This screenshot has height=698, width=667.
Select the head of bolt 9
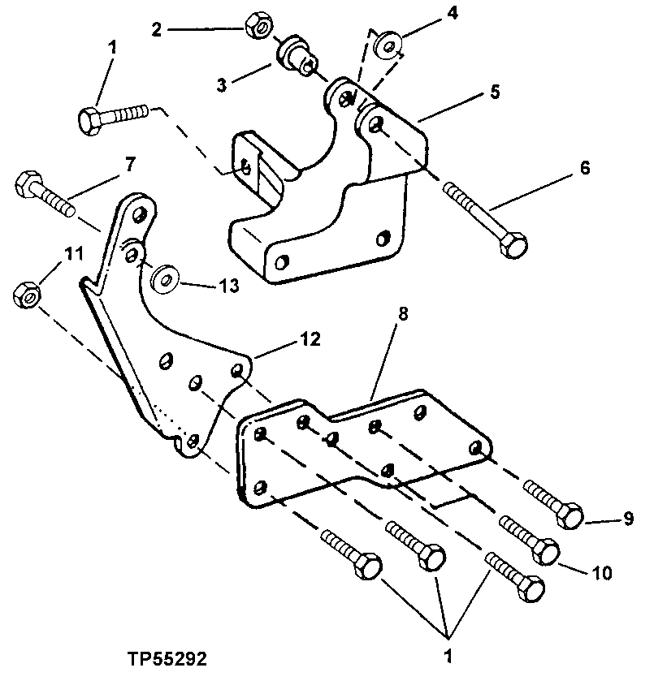(x=570, y=514)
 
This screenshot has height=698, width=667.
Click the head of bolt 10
(x=545, y=553)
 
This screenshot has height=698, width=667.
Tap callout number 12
(x=310, y=339)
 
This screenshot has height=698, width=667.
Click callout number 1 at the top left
(x=113, y=47)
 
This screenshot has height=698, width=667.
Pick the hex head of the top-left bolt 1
(x=90, y=120)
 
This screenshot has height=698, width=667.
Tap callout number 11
(x=74, y=255)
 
